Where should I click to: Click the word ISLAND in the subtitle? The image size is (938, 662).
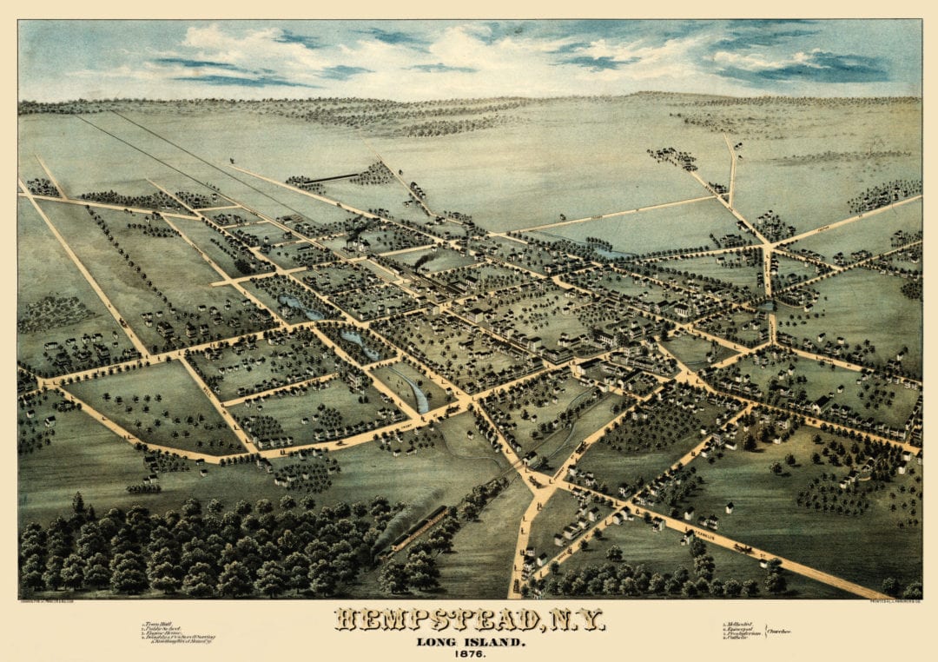click(496, 642)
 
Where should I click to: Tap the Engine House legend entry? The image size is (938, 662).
click(163, 633)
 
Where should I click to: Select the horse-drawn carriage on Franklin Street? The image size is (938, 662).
click(743, 548)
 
